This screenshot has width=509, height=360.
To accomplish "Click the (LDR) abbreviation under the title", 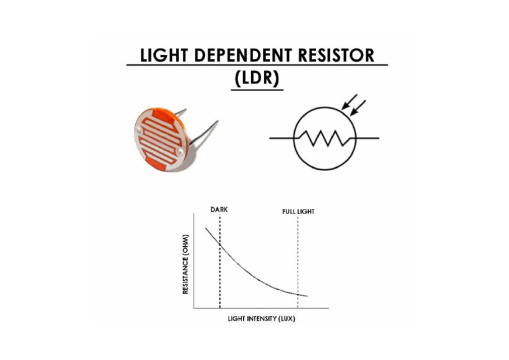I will coord(258,77).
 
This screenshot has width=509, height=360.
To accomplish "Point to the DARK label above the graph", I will coord(219,210).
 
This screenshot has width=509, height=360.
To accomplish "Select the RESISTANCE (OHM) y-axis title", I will coord(186,265).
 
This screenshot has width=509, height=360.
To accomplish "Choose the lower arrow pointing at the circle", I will coord(359,107).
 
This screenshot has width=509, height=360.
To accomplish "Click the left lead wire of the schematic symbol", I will coord(281,138).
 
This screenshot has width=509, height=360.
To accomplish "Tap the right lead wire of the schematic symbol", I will coord(368,138).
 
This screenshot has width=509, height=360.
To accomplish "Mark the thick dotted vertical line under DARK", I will coord(219,278).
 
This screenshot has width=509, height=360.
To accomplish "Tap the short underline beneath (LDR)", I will coord(258,90).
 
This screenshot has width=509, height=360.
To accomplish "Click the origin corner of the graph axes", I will coord(194,308).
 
